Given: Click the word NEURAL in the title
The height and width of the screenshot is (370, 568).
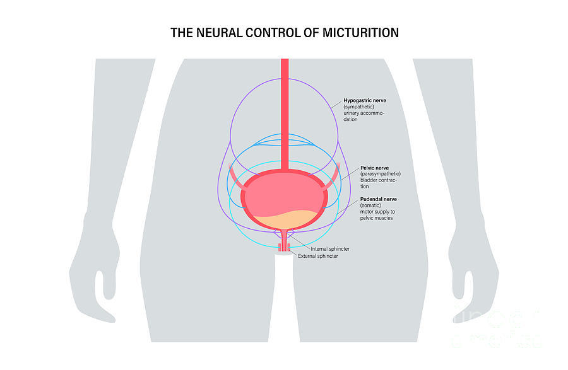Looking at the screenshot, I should point(218,33).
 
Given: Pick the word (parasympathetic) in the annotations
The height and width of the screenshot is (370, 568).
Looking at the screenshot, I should point(380,174).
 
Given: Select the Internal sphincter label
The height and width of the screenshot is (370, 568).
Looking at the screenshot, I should point(330,249).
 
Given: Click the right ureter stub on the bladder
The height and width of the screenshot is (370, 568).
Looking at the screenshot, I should point(333,176).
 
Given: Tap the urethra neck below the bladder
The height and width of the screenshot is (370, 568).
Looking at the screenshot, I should point(285,237).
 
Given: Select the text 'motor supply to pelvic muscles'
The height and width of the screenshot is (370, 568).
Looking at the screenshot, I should point(377,215).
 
